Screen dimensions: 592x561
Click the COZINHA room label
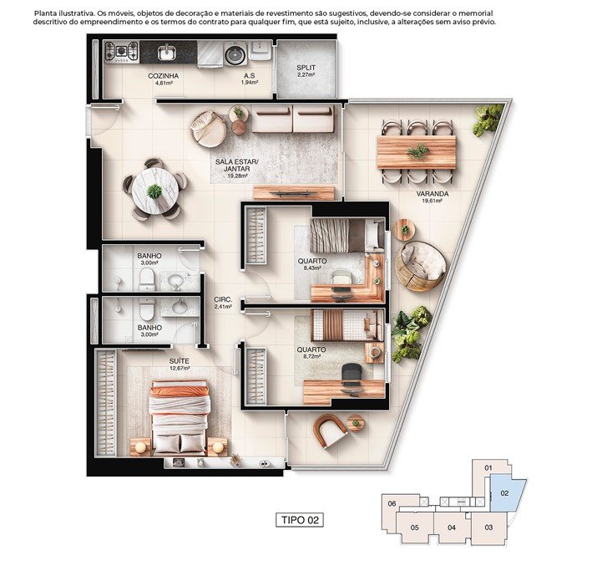pos(163,76)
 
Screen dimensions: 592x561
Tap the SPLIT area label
pos(306,68)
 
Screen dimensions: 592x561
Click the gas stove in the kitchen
pos(121,52)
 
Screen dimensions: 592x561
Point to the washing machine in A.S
pos(235,54)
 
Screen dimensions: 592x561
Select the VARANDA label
pos(433,194)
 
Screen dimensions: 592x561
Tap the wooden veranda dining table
pos(417,152)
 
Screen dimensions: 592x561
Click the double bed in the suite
pos(180,417)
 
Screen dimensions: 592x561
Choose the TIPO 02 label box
pos(300,520)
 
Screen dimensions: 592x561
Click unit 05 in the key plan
pos(414,528)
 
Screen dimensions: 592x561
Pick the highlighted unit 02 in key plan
pos(505,493)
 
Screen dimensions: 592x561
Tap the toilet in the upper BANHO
pos(146,279)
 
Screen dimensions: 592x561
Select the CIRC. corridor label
pos(223,299)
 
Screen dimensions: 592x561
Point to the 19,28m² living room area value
pos(237,176)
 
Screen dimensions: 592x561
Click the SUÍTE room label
pos(179,361)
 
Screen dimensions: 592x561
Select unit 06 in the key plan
pos(392,503)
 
